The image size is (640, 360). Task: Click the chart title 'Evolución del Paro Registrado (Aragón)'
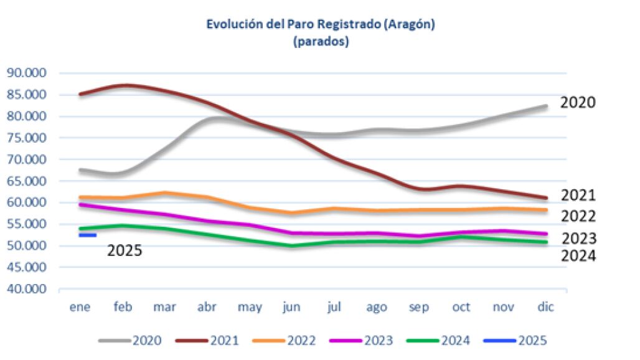320,25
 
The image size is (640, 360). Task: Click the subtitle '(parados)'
320,42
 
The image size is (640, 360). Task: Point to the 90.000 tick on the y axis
27,73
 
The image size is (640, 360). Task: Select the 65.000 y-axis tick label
27,181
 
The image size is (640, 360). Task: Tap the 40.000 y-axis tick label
27,290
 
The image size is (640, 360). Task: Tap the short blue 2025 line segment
87,235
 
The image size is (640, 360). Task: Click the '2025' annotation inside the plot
125,251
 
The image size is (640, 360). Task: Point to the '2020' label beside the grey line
578,103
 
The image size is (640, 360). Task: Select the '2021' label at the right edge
578,196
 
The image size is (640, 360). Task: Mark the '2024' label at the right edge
578,256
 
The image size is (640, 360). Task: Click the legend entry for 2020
130,341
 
